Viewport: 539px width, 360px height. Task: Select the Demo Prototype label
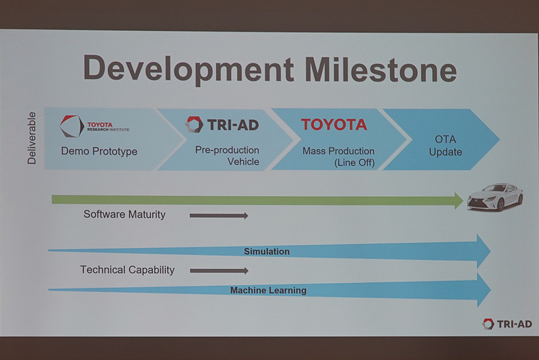(x=99, y=151)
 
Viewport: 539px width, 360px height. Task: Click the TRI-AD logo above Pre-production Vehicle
(x=222, y=125)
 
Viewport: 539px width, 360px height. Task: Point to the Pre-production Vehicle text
(x=227, y=156)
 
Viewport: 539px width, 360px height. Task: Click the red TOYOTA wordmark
(x=334, y=124)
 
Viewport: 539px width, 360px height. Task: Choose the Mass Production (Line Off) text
(x=338, y=156)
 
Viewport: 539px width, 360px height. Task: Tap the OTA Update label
(x=445, y=146)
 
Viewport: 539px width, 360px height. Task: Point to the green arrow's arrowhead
(x=457, y=200)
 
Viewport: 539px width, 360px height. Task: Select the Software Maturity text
(x=124, y=214)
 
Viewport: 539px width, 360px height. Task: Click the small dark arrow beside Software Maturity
(x=219, y=216)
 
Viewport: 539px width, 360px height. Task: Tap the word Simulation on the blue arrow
(x=267, y=251)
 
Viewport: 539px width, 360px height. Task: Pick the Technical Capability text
(x=127, y=270)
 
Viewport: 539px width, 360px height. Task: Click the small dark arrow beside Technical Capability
(x=219, y=271)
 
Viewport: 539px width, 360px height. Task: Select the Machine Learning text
(x=268, y=291)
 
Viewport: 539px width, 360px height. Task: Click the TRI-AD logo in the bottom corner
(x=507, y=324)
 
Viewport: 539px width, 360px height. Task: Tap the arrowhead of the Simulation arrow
(x=482, y=251)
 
